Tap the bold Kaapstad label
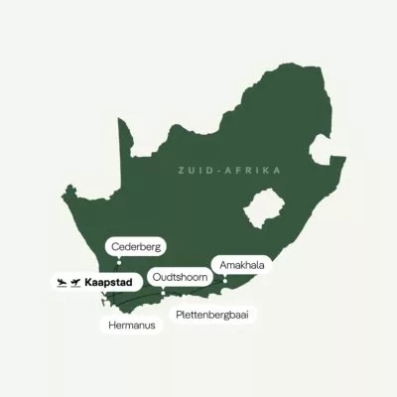pos(109,283)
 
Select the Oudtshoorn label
pos(180,276)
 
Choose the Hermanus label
pos(132,325)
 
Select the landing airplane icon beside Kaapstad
pos(62,283)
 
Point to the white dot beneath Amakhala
pos(226,281)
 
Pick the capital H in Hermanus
pos(110,325)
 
